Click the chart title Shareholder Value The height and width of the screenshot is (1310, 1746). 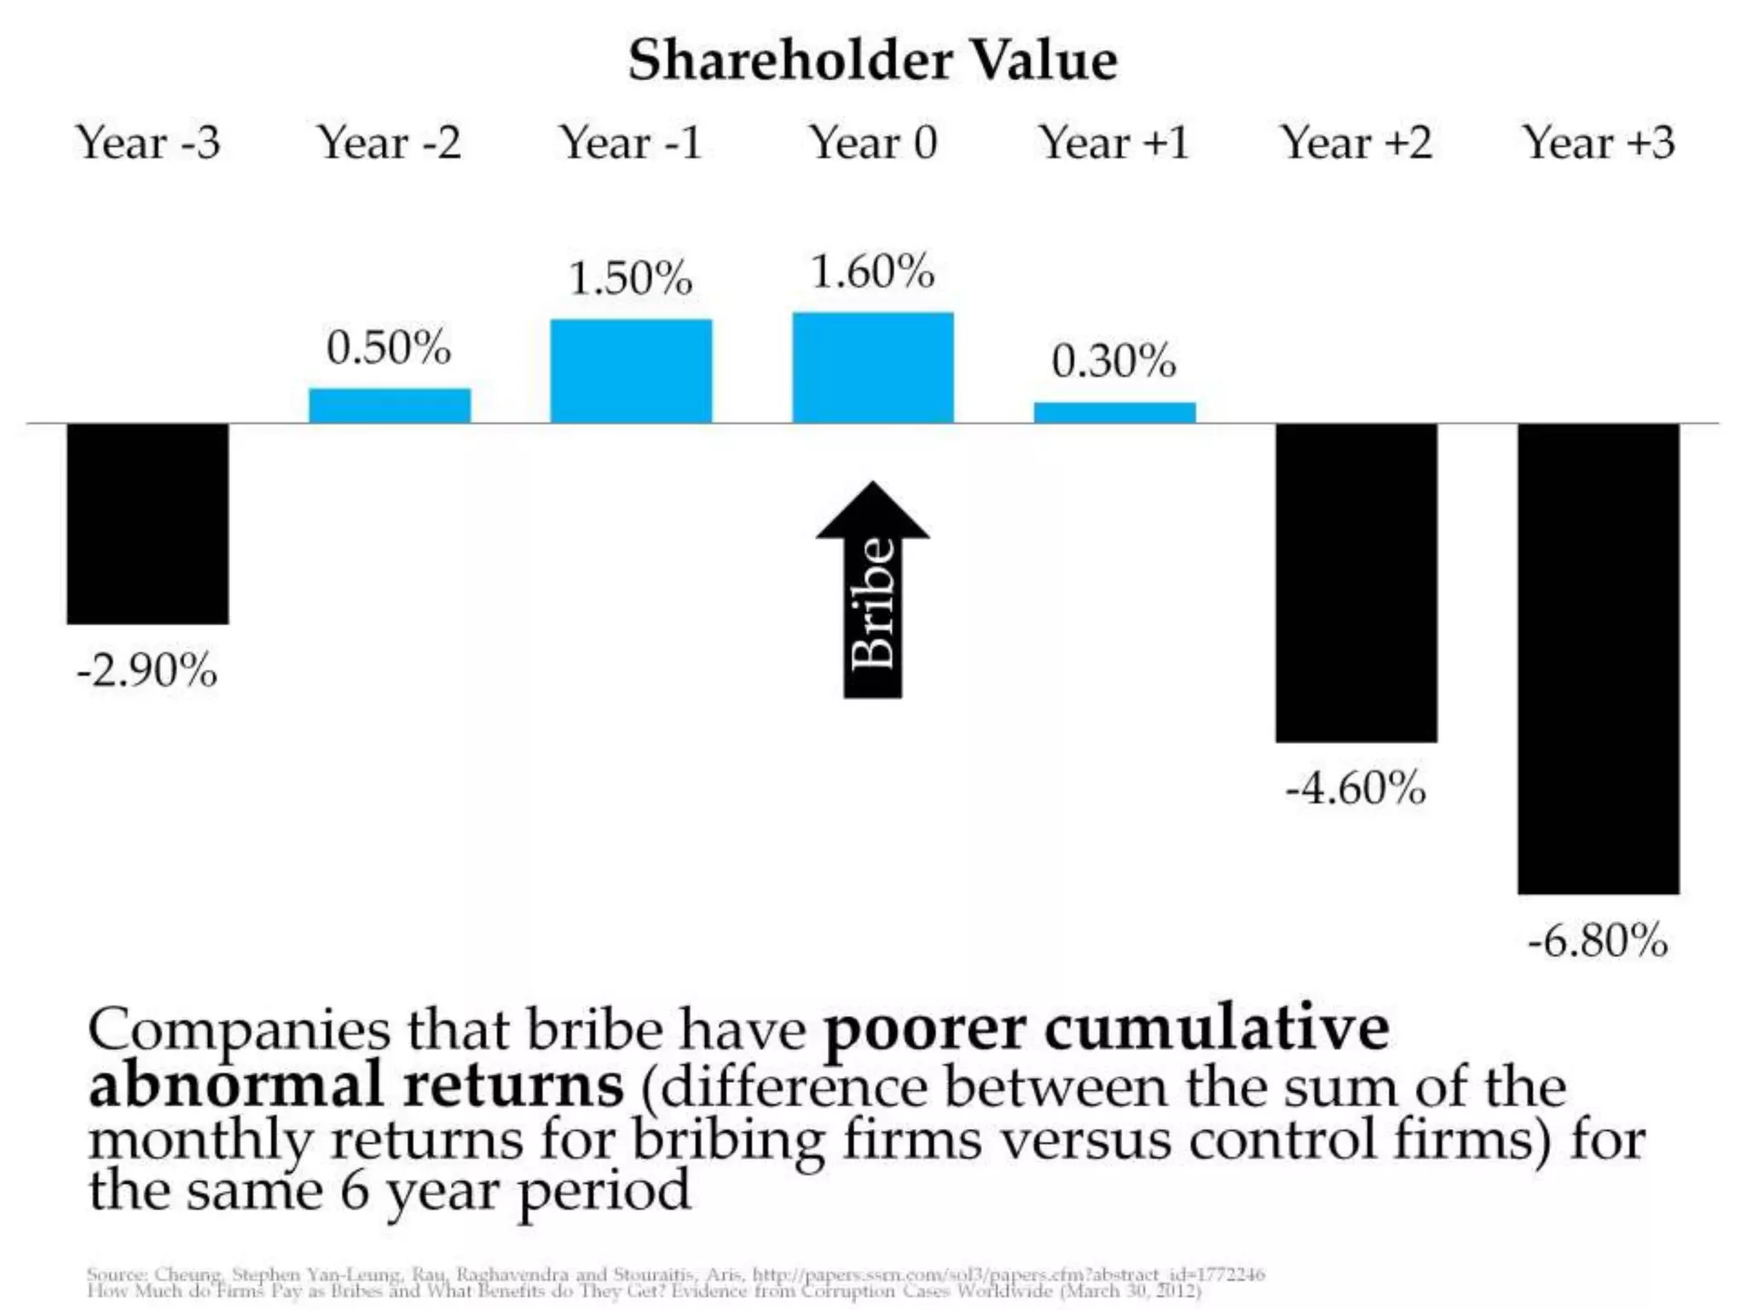[872, 61]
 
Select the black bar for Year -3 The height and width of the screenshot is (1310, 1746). [147, 523]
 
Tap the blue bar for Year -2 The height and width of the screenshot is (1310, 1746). [389, 406]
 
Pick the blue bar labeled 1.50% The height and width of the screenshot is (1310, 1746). [631, 371]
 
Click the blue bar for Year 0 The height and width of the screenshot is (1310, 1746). [872, 368]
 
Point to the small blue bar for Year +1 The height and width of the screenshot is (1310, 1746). [1114, 413]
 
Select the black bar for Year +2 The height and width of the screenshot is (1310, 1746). [1356, 582]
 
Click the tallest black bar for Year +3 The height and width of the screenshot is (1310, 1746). [1598, 658]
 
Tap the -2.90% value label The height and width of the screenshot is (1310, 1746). [147, 670]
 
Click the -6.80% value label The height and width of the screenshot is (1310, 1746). [1598, 942]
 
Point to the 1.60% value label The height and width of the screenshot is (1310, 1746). [872, 272]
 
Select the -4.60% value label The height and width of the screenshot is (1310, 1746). [1356, 787]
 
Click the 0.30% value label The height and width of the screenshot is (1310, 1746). [1113, 361]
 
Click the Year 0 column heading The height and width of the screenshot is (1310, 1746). [872, 142]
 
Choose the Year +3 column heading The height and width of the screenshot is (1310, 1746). [1598, 142]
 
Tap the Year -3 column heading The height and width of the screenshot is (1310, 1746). [147, 142]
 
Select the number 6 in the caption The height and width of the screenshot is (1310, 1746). [353, 1191]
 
